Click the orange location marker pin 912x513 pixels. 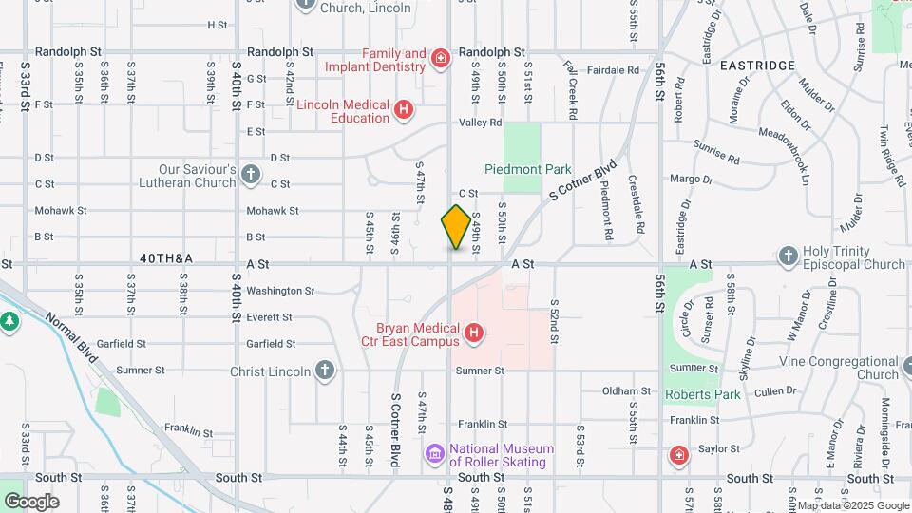pyautogui.click(x=457, y=227)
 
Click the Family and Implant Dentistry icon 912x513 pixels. pyautogui.click(x=440, y=60)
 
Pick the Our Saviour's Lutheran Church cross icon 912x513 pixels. pyautogui.click(x=250, y=175)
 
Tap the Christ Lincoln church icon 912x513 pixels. pyautogui.click(x=325, y=370)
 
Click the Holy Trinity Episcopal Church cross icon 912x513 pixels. pyautogui.click(x=788, y=256)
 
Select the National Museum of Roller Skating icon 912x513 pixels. pyautogui.click(x=435, y=455)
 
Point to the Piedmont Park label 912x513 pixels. pyautogui.click(x=528, y=169)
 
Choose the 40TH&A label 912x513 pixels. pyautogui.click(x=166, y=258)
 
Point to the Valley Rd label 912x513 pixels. pyautogui.click(x=480, y=123)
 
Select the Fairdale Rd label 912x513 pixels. pyautogui.click(x=613, y=70)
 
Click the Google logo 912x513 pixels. pyautogui.click(x=31, y=502)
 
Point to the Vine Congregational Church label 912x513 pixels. pyautogui.click(x=839, y=368)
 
